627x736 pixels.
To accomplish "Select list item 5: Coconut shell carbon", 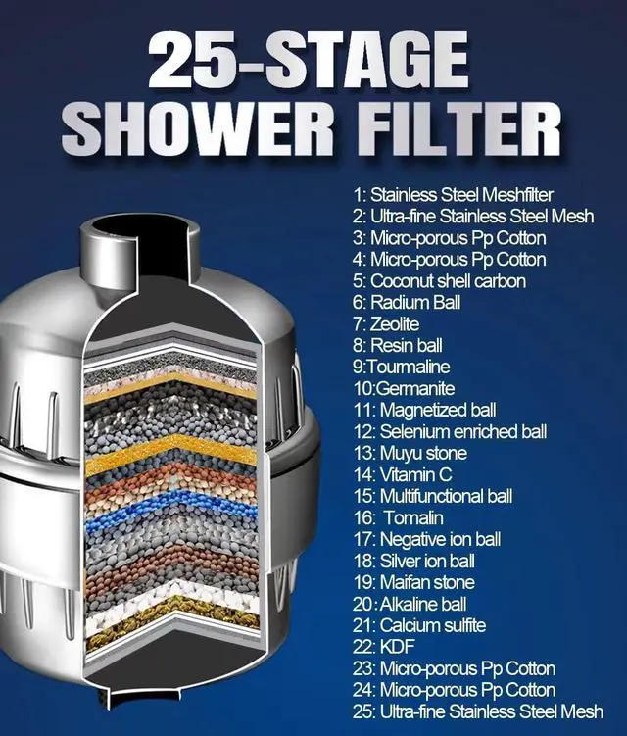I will tap(440, 281).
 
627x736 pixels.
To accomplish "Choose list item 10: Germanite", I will tap(402, 389).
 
